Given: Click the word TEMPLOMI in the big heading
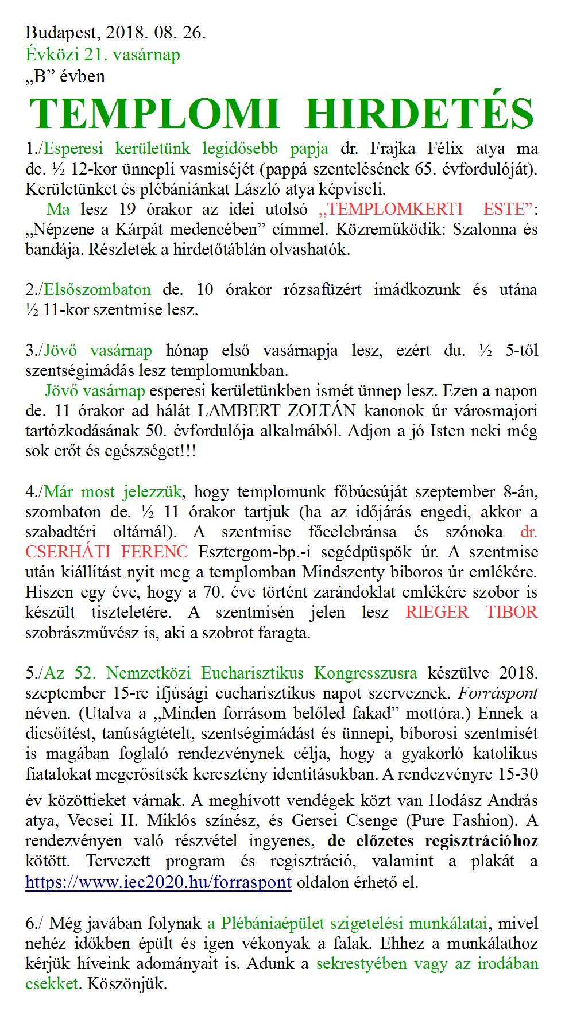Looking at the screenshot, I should (154, 114).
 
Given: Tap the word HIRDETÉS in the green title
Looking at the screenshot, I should (420, 114).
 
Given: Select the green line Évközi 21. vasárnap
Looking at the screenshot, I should (103, 55).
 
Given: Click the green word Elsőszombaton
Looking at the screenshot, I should (98, 289).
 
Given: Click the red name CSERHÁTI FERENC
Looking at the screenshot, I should (107, 552).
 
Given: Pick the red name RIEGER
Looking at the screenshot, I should (437, 613).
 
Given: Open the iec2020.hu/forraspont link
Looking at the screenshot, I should (158, 882).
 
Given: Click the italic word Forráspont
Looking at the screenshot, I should (498, 693).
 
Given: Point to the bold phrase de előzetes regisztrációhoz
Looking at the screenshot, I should (432, 842).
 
